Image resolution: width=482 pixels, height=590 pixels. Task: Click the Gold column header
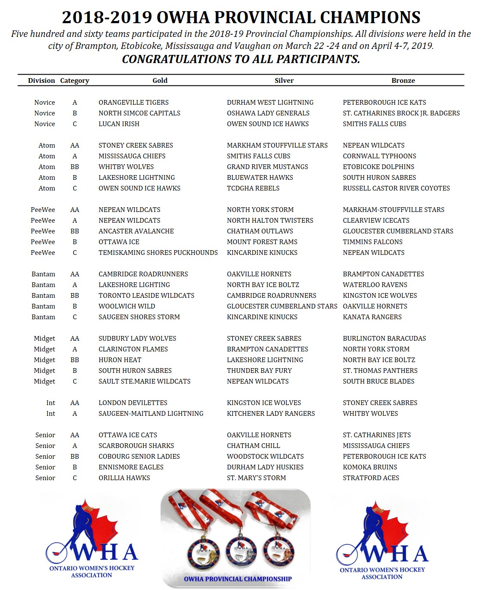click(x=160, y=80)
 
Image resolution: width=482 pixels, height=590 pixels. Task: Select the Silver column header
click(x=284, y=80)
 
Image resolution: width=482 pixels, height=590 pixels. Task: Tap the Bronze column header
click(x=403, y=80)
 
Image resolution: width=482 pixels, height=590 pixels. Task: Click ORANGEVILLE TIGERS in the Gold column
click(x=133, y=102)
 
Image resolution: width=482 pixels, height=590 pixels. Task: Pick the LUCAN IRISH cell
click(x=119, y=124)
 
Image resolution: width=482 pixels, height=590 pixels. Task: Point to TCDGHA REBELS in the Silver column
click(x=253, y=188)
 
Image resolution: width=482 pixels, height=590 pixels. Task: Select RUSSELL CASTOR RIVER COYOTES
click(x=396, y=188)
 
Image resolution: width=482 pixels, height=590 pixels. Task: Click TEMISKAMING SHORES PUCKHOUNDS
click(x=158, y=252)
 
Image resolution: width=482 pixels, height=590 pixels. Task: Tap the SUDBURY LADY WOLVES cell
click(x=137, y=338)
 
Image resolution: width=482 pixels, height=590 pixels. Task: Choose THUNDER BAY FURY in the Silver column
click(x=259, y=370)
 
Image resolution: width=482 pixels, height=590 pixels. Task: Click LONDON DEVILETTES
click(x=133, y=402)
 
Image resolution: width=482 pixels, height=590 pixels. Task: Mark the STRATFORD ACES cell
click(x=371, y=478)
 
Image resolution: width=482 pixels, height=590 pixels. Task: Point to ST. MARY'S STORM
click(x=256, y=478)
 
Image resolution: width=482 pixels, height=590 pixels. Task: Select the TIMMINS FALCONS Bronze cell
click(x=372, y=242)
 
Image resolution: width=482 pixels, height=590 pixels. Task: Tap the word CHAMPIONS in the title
click(x=370, y=18)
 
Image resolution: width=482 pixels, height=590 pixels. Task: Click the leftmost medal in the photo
click(x=203, y=551)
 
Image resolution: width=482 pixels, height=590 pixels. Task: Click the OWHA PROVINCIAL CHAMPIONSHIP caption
click(x=238, y=579)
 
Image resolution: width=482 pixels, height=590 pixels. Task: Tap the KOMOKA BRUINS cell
click(x=370, y=467)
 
